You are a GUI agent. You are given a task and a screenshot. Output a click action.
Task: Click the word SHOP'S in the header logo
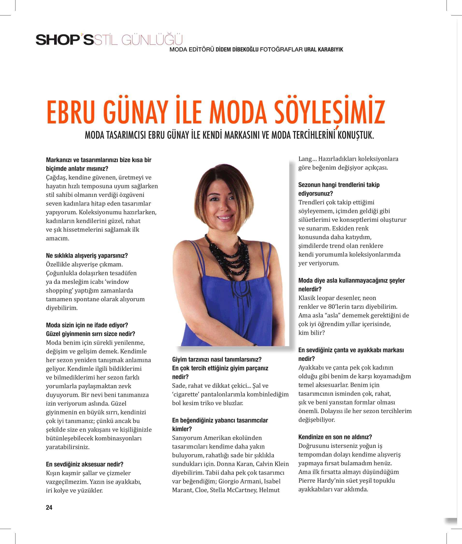click(x=65, y=40)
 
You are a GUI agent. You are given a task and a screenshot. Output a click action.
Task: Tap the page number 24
click(x=49, y=508)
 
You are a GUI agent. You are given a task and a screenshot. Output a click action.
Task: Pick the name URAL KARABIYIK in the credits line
click(x=324, y=50)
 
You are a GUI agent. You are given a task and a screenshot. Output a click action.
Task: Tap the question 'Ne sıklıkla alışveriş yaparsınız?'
click(x=87, y=256)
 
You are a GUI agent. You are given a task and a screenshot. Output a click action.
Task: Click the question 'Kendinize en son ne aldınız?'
click(x=335, y=437)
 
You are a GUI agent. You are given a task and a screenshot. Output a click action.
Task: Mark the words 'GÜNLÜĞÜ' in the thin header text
click(x=152, y=40)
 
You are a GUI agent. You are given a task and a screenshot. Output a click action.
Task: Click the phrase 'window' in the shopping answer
click(x=118, y=282)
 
